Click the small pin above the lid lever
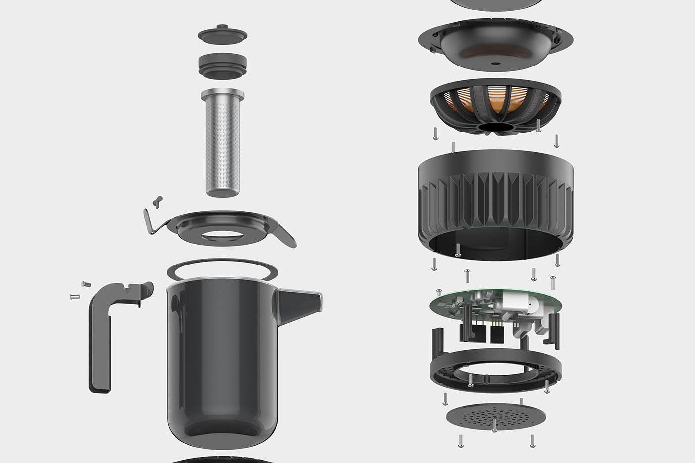(x=158, y=199)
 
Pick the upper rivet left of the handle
(x=83, y=284)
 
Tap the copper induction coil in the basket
(x=496, y=102)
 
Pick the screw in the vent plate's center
(x=494, y=425)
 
